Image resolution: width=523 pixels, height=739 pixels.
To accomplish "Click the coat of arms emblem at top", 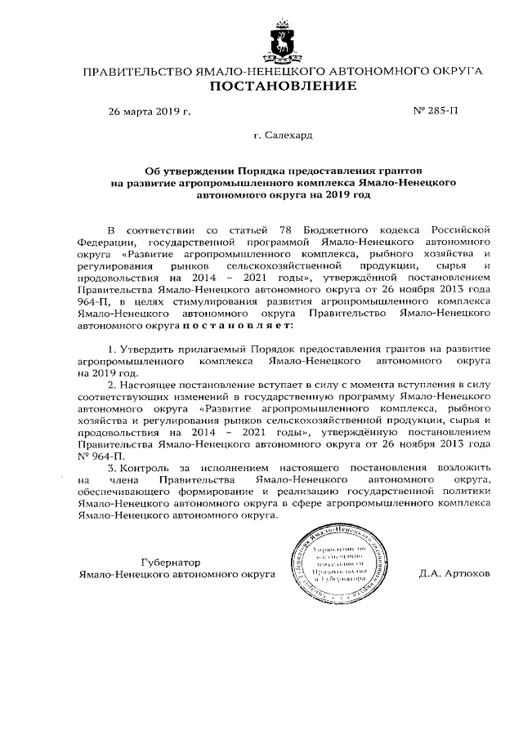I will [283, 42].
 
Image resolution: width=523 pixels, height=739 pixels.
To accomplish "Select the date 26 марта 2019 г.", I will [149, 111].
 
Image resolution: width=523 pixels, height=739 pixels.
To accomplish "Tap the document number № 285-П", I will [436, 111].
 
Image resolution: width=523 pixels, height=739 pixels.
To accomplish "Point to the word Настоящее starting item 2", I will [150, 384].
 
